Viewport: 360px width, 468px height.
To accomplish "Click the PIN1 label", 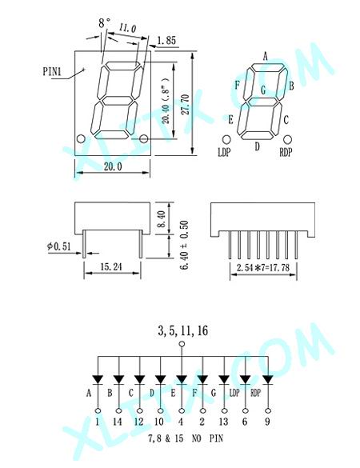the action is (52, 72).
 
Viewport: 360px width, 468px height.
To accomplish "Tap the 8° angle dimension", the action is (104, 22).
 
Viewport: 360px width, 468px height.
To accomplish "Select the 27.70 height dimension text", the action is (186, 105).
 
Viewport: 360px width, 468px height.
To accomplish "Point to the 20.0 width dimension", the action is (113, 166).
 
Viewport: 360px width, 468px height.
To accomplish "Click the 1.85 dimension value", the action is (166, 40).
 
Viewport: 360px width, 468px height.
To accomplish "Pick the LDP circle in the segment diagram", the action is (226, 139).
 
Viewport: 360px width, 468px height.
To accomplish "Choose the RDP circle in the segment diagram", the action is (287, 139).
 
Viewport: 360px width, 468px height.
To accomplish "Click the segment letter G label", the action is (263, 90).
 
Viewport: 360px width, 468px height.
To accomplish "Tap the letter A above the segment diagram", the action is (265, 56).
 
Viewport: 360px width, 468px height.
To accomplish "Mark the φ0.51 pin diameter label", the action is (59, 246).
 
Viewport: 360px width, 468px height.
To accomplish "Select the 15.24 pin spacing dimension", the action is (111, 266).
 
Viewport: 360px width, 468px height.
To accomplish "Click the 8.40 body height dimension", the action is (161, 219).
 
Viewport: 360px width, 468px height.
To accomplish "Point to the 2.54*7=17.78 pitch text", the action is (263, 267).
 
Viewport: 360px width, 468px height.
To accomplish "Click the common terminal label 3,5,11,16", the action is (182, 330).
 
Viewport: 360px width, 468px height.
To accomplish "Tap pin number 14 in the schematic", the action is (118, 422).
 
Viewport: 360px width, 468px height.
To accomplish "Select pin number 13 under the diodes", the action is (223, 422).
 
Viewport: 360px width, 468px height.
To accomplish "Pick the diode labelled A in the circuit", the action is (98, 380).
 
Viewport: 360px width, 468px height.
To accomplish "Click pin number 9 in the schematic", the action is (267, 422).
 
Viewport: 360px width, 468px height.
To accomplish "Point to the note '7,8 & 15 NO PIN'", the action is (186, 438).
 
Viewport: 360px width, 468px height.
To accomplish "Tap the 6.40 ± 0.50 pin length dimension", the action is (185, 245).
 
